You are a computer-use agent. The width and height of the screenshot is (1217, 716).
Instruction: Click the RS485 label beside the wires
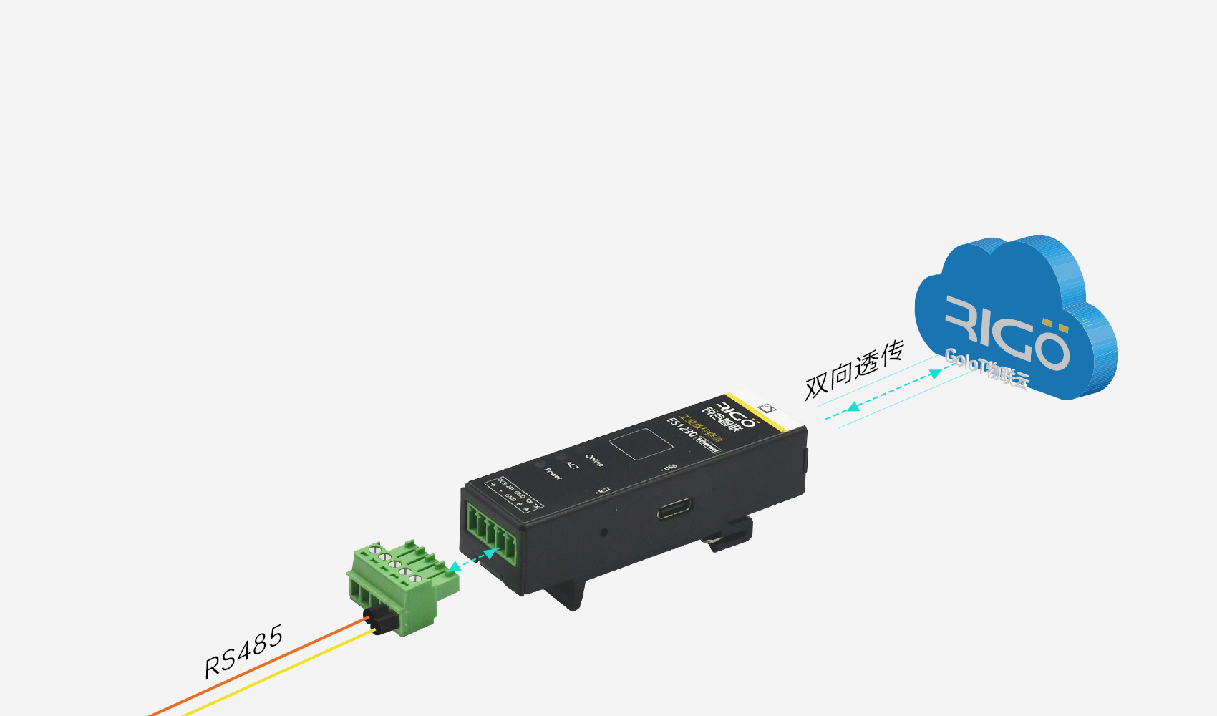(x=243, y=652)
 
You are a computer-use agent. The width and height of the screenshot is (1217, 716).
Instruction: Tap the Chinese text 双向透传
(x=854, y=369)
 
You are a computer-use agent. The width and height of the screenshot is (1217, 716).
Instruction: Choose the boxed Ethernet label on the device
(x=707, y=444)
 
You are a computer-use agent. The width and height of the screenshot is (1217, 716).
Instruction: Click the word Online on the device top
(x=595, y=460)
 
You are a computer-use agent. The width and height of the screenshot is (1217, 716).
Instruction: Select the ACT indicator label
(x=572, y=465)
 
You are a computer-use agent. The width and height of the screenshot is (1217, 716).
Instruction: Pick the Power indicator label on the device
(x=553, y=473)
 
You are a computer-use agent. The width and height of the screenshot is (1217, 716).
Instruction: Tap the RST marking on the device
(x=603, y=490)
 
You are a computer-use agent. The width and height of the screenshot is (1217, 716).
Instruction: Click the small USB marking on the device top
(x=669, y=468)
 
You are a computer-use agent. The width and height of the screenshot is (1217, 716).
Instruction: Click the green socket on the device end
(x=491, y=531)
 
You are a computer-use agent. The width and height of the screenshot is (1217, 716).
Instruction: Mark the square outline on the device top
(x=641, y=444)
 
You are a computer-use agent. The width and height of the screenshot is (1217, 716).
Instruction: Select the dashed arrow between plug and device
(x=473, y=560)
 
